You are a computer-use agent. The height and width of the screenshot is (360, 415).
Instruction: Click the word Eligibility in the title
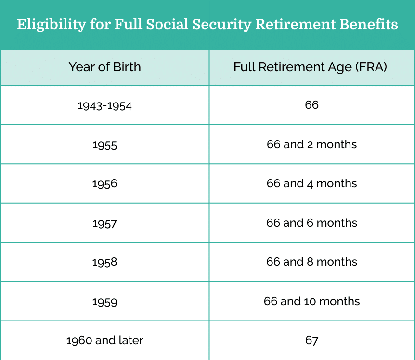(52, 25)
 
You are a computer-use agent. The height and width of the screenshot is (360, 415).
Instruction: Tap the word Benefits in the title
(369, 24)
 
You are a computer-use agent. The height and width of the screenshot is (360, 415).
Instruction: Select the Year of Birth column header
(105, 67)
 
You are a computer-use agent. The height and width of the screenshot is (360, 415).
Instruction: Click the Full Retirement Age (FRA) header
(310, 67)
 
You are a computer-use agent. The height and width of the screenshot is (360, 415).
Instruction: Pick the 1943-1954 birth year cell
(104, 106)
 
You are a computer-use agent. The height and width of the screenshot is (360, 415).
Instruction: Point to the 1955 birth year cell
(104, 145)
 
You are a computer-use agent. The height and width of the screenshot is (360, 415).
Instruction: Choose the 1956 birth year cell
(104, 184)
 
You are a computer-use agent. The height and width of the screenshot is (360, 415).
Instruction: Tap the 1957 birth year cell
(104, 224)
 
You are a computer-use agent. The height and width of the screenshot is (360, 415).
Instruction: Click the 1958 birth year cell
(104, 262)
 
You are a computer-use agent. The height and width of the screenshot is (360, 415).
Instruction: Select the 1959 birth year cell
(104, 302)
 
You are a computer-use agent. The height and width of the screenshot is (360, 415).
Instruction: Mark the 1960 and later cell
(104, 340)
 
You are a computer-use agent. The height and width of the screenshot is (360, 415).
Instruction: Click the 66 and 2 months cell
(312, 144)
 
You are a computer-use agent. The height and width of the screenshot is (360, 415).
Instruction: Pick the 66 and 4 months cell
(312, 183)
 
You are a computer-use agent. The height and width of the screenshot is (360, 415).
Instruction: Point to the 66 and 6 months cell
(312, 223)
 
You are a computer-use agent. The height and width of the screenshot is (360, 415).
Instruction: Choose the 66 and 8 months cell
(312, 262)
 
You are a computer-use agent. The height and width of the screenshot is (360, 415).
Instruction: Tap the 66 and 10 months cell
(312, 301)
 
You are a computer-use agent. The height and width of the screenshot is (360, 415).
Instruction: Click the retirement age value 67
(312, 340)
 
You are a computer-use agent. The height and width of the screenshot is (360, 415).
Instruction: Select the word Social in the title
(167, 24)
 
